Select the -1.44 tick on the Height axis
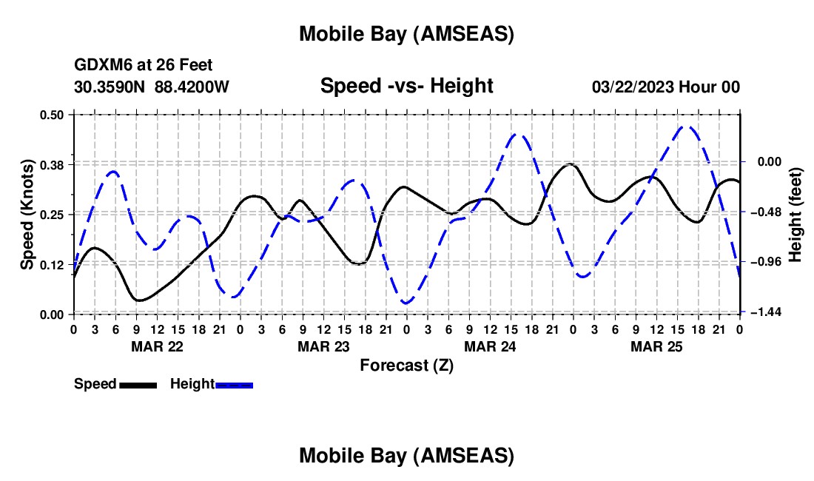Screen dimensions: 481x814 click(762, 312)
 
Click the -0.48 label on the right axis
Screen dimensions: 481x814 click(762, 212)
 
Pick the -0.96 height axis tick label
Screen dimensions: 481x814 click(762, 262)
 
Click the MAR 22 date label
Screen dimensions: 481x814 click(157, 346)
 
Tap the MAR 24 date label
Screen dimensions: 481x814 click(489, 346)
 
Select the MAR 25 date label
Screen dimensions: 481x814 click(656, 346)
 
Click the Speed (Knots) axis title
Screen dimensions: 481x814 click(27, 214)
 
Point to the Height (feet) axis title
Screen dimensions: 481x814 click(795, 214)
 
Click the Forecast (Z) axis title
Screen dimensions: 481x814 click(406, 365)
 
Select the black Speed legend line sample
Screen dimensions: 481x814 click(138, 385)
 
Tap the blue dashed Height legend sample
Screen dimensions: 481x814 click(234, 385)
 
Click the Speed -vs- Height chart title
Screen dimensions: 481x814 click(406, 86)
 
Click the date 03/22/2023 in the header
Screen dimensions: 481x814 click(630, 87)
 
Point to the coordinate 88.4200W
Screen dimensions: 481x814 click(192, 87)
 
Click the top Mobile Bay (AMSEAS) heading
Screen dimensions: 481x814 click(406, 33)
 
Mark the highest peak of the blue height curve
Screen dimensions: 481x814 click(688, 127)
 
